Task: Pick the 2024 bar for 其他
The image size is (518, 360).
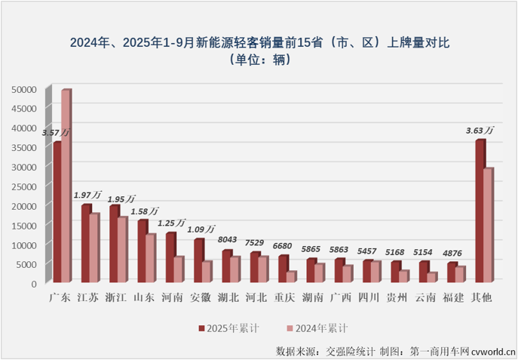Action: tap(487, 226)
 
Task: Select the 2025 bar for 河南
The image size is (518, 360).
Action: tap(170, 258)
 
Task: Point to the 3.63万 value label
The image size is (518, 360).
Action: tap(480, 130)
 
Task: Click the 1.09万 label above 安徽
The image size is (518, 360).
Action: tap(201, 229)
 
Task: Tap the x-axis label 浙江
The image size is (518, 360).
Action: tap(116, 298)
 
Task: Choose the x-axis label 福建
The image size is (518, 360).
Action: tap(454, 298)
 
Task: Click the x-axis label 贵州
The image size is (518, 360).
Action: tap(397, 298)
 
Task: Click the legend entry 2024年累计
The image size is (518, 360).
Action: tap(317, 328)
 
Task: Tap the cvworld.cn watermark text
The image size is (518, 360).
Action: tap(491, 351)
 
